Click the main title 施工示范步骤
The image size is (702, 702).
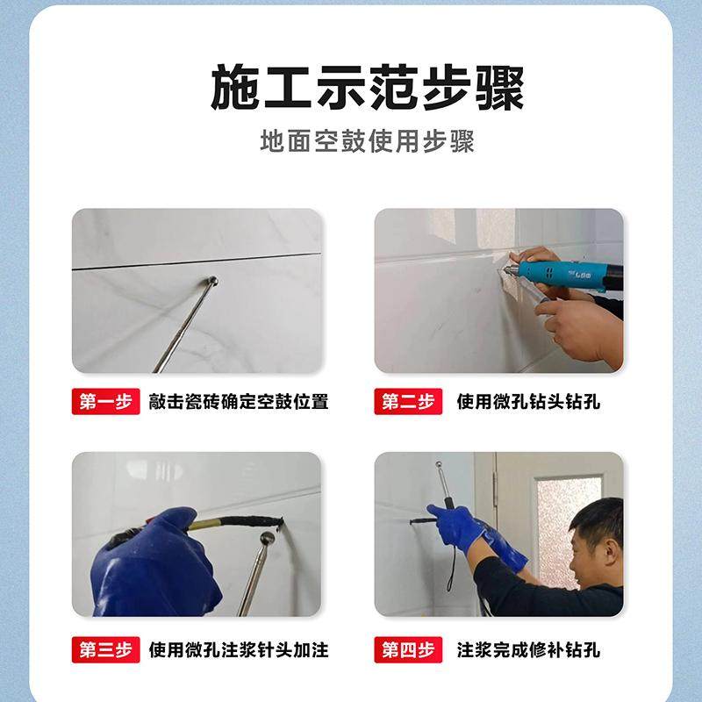click(367, 90)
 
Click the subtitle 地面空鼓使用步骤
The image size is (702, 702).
click(367, 142)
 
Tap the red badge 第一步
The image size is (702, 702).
click(105, 403)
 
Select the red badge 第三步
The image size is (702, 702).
click(105, 650)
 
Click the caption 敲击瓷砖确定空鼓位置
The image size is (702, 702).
click(239, 403)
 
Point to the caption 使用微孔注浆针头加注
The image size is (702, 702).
click(239, 650)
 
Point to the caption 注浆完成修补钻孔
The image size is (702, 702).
click(529, 650)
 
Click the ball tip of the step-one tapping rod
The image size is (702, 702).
click(212, 282)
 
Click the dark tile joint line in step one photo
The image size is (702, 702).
click(193, 261)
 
